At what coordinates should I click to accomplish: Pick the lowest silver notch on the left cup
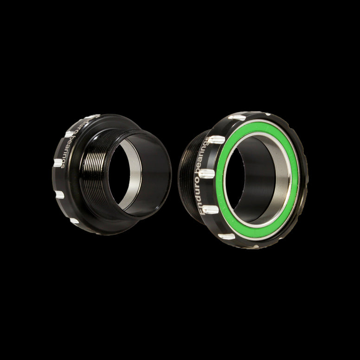pyautogui.click(x=74, y=220)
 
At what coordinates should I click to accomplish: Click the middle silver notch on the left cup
pyautogui.click(x=58, y=163)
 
